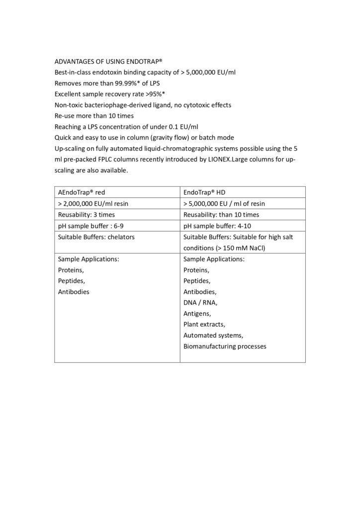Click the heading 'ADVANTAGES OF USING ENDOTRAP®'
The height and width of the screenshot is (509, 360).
108,61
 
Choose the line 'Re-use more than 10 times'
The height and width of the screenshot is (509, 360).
94,116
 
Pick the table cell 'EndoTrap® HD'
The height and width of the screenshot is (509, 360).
205,192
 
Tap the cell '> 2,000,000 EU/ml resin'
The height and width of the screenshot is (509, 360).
93,203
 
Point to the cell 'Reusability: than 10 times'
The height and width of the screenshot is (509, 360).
221,215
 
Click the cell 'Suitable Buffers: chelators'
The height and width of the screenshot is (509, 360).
96,237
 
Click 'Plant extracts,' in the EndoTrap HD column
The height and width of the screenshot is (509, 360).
204,324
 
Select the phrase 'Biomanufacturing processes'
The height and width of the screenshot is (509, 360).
225,346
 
